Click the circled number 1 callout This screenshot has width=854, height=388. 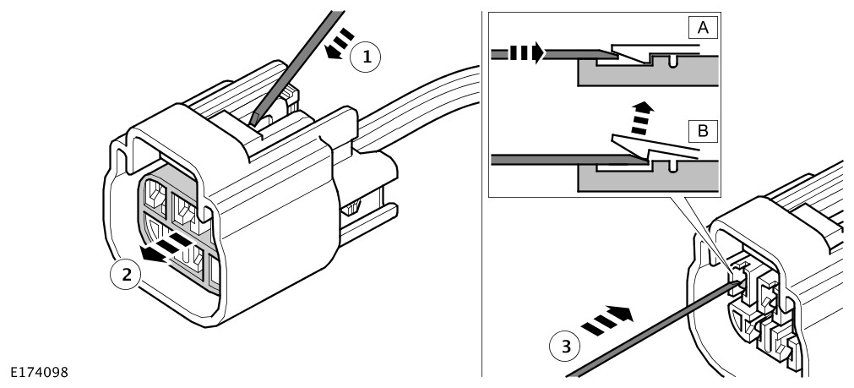(x=366, y=57)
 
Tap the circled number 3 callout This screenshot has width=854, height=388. (x=564, y=345)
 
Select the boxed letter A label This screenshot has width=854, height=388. (x=704, y=27)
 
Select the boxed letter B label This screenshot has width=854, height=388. (x=704, y=131)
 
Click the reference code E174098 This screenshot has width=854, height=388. (x=41, y=372)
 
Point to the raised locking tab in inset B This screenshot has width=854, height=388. (x=650, y=149)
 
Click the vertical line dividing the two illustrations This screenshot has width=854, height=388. (x=481, y=254)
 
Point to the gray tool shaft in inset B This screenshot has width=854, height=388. (x=541, y=159)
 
